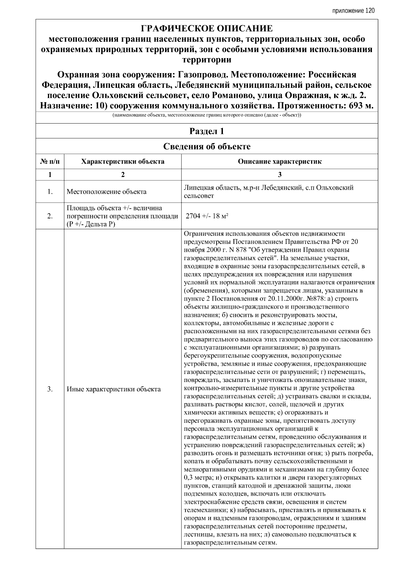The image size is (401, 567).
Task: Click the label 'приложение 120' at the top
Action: (x=353, y=11)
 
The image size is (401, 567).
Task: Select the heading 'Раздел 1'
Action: (x=207, y=131)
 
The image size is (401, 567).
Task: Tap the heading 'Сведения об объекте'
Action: (x=207, y=147)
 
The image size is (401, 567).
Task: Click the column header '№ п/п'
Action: (x=50, y=162)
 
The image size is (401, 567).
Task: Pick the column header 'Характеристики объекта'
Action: (x=123, y=162)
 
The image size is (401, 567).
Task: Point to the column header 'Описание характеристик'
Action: (x=279, y=162)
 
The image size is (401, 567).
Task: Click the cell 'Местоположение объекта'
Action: (x=106, y=192)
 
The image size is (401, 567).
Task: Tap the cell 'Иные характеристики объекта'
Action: (x=114, y=389)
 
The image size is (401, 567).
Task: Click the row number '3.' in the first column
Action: (x=50, y=389)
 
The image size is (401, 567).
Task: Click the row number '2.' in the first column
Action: (x=50, y=216)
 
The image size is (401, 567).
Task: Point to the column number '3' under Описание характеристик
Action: (x=279, y=174)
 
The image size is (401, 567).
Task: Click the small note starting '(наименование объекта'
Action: (x=207, y=115)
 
